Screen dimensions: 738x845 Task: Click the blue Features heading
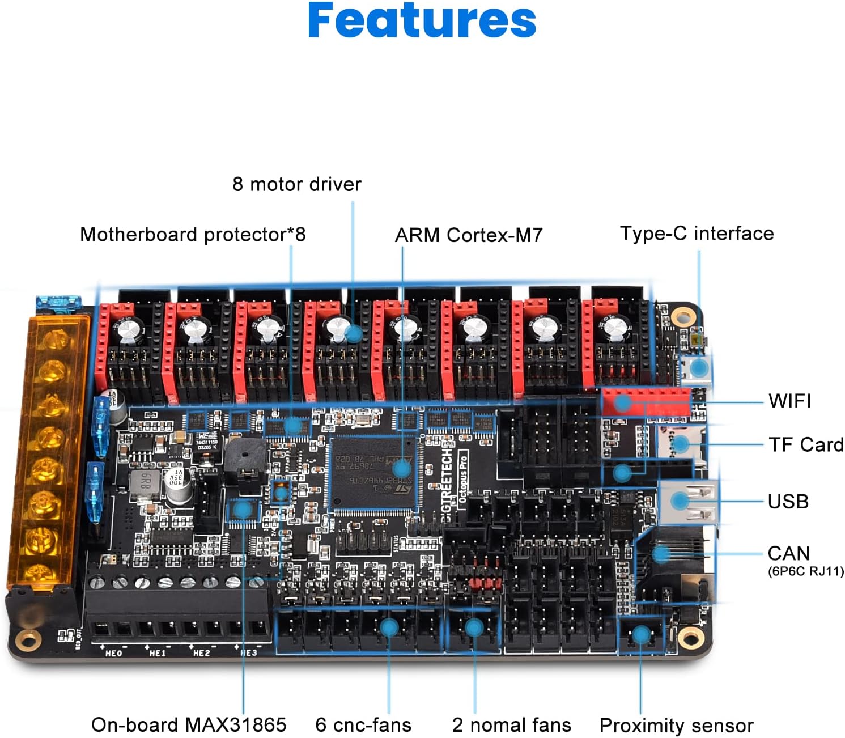point(422,21)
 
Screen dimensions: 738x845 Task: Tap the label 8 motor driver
point(296,184)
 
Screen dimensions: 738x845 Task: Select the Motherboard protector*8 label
point(193,234)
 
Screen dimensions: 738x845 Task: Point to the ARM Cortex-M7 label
point(468,235)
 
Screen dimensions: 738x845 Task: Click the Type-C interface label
point(697,234)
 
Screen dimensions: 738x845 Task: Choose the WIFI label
point(789,401)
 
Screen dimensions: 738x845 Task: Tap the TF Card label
point(805,445)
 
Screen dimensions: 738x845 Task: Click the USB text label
point(788,502)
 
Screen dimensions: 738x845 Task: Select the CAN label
point(788,553)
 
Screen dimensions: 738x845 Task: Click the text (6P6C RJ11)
point(805,571)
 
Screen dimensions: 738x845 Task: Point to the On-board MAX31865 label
point(189,725)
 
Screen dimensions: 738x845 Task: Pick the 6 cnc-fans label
point(363,725)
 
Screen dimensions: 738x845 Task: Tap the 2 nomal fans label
point(511,725)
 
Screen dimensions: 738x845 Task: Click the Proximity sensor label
point(676,726)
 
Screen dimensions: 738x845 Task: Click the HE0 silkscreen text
point(114,653)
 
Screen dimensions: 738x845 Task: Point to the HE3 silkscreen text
point(248,653)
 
